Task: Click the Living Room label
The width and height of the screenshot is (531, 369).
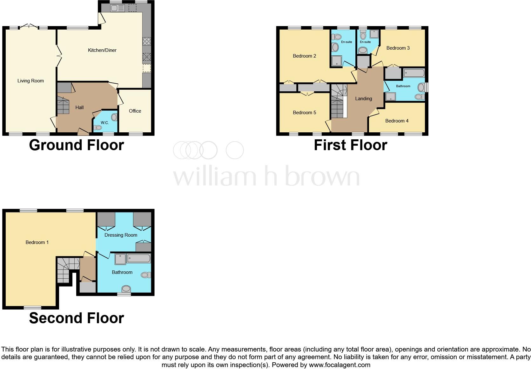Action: pos(30,81)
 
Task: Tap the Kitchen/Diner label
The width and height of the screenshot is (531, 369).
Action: pos(102,50)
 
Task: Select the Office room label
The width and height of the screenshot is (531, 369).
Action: pos(135,111)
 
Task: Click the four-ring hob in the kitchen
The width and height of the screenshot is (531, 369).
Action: pos(147,41)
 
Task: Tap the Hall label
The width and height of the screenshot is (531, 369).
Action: pos(79,108)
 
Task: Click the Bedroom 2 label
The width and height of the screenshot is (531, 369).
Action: pos(304,56)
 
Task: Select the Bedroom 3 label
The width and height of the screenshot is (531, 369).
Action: pos(398,48)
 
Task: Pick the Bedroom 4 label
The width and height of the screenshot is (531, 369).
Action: pos(397,121)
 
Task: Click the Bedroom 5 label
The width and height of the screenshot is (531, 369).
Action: pos(304,113)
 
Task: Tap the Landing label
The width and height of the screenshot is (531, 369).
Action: pos(363,99)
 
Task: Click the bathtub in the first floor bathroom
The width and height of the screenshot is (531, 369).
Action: pos(414,73)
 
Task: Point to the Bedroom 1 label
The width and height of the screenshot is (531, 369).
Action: pos(37,242)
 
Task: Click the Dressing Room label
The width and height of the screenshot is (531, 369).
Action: pos(121,235)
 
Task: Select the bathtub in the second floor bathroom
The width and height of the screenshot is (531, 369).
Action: pos(139,258)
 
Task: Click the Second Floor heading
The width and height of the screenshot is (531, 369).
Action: pos(76,318)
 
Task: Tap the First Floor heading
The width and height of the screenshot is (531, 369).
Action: pos(350,145)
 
